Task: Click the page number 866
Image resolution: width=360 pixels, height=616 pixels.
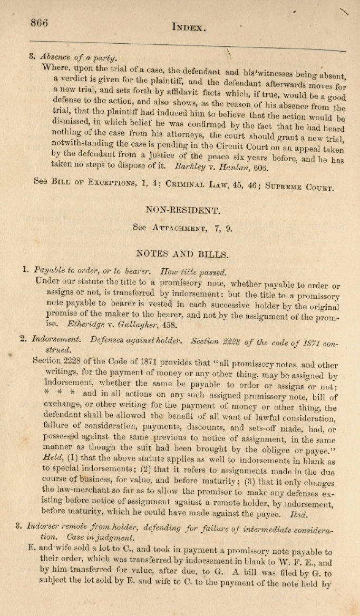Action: (40, 23)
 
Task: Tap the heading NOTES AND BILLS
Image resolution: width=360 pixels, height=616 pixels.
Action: (182, 254)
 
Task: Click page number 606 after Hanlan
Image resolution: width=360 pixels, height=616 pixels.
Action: (246, 169)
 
